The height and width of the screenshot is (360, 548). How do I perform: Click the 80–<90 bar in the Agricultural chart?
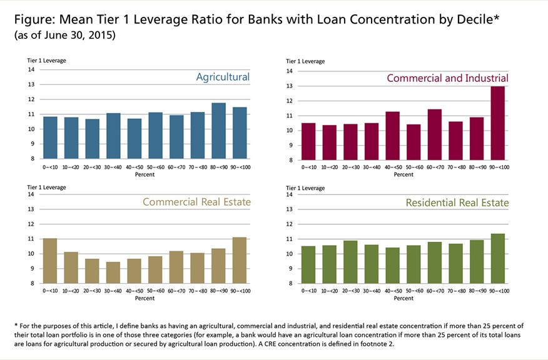pyautogui.click(x=218, y=131)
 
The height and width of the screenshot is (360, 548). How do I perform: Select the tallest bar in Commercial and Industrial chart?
pyautogui.click(x=498, y=123)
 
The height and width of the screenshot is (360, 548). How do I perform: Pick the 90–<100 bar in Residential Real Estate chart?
pyautogui.click(x=498, y=259)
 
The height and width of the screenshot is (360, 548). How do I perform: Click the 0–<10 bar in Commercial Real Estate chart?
pyautogui.click(x=50, y=261)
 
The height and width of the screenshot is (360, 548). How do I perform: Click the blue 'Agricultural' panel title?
pyautogui.click(x=223, y=77)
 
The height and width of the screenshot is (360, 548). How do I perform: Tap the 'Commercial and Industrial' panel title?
pyautogui.click(x=447, y=78)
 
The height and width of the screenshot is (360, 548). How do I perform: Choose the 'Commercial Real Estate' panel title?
pyautogui.click(x=196, y=202)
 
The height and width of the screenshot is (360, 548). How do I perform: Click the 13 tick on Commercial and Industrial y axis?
pyautogui.click(x=290, y=86)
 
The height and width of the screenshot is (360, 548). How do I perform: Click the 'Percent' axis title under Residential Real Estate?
pyautogui.click(x=403, y=299)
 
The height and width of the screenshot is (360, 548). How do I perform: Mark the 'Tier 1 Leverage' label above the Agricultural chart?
pyautogui.click(x=44, y=60)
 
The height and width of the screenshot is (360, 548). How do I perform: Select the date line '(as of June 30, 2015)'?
pyautogui.click(x=64, y=36)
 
